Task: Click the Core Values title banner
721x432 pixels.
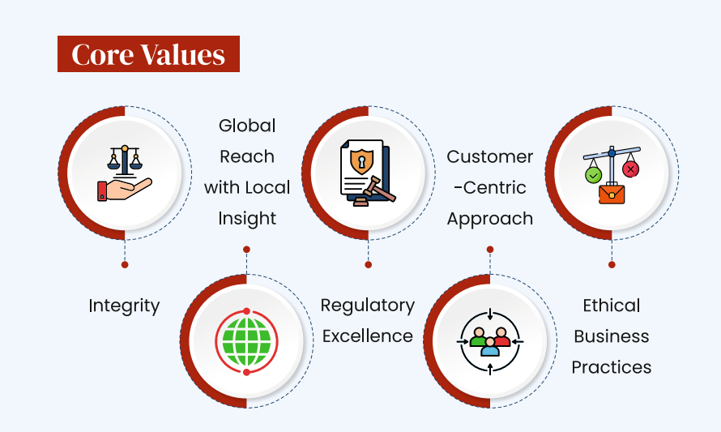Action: [x=148, y=53]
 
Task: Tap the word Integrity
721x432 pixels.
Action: [x=124, y=306]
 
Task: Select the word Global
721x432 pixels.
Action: [x=247, y=126]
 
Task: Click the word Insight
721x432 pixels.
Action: [x=247, y=219]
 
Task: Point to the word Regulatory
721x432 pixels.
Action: [x=368, y=306]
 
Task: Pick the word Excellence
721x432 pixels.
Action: [x=368, y=336]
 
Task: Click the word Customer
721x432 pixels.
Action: [x=489, y=157]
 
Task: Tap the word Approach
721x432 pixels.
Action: [x=489, y=219]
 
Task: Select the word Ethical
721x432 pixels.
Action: [x=612, y=306]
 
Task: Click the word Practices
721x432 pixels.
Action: [x=612, y=368]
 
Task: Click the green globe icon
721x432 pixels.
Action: [x=246, y=342]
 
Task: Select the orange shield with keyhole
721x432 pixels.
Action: [x=362, y=161]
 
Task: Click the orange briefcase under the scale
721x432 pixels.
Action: [x=612, y=193]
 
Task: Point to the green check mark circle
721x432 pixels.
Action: [x=593, y=175]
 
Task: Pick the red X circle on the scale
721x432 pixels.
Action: [x=630, y=169]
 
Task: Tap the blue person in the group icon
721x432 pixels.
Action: [x=490, y=348]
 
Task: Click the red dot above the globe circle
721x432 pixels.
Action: [x=246, y=250]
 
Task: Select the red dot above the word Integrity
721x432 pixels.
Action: [x=125, y=264]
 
